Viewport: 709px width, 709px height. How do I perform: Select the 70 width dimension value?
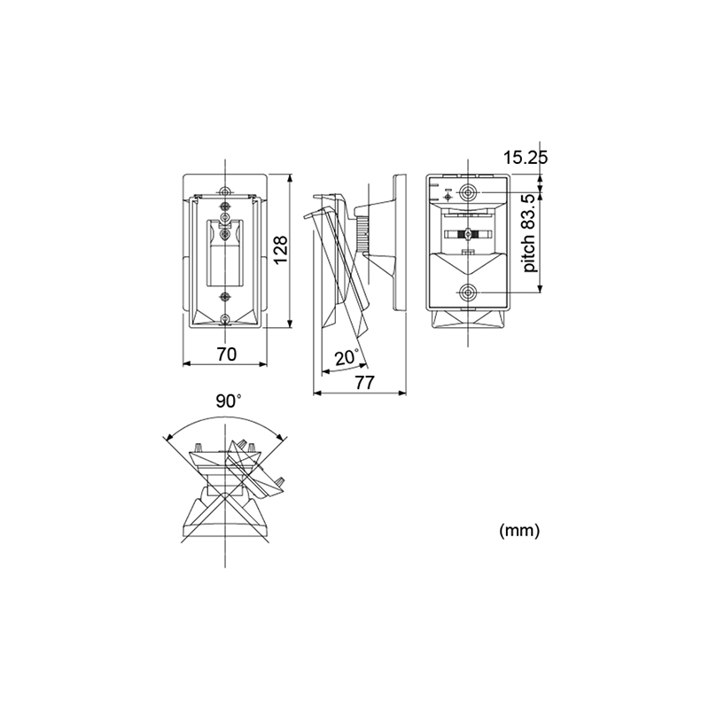[227, 354]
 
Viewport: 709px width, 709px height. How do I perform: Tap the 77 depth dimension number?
[364, 383]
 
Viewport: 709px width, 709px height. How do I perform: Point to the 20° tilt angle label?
[347, 358]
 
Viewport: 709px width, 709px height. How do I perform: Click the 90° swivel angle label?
[229, 401]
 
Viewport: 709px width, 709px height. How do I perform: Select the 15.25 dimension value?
[526, 158]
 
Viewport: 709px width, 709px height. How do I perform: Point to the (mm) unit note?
[519, 530]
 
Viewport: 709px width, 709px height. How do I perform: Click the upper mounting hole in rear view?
[468, 192]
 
